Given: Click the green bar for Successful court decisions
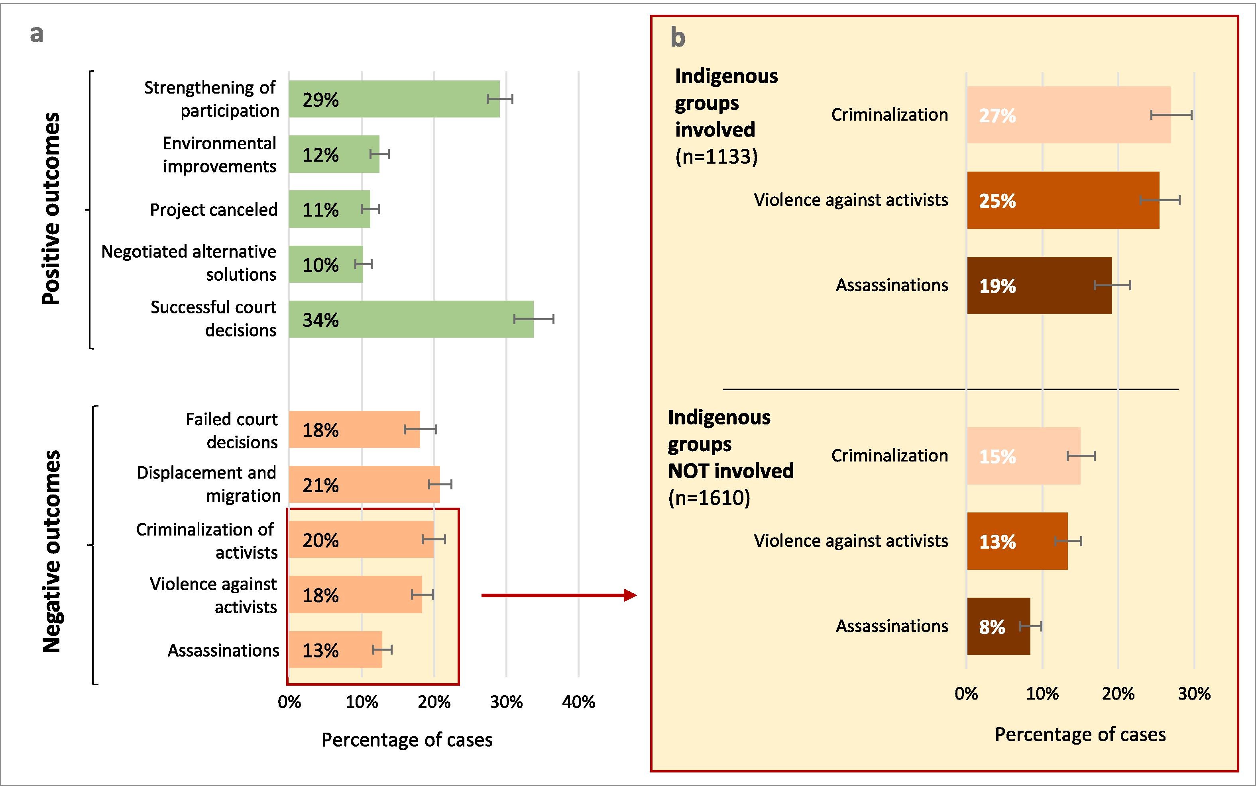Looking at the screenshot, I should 411,319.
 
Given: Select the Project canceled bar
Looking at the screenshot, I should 329,209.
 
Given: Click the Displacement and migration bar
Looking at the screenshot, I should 364,485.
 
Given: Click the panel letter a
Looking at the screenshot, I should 36,34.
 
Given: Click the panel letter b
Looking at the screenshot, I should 678,38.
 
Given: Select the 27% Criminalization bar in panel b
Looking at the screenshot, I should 1069,115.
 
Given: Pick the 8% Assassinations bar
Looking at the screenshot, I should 999,626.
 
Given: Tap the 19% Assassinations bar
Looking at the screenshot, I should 1039,285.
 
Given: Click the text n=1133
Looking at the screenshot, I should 716,156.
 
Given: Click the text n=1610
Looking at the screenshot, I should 709,498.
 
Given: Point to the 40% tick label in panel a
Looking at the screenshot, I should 578,702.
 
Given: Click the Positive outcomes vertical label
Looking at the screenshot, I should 51,209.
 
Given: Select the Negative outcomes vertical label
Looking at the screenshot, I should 51,551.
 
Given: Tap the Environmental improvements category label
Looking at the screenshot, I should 219,154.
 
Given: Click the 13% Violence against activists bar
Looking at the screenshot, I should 1017,541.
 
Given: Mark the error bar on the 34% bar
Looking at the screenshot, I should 533,319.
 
